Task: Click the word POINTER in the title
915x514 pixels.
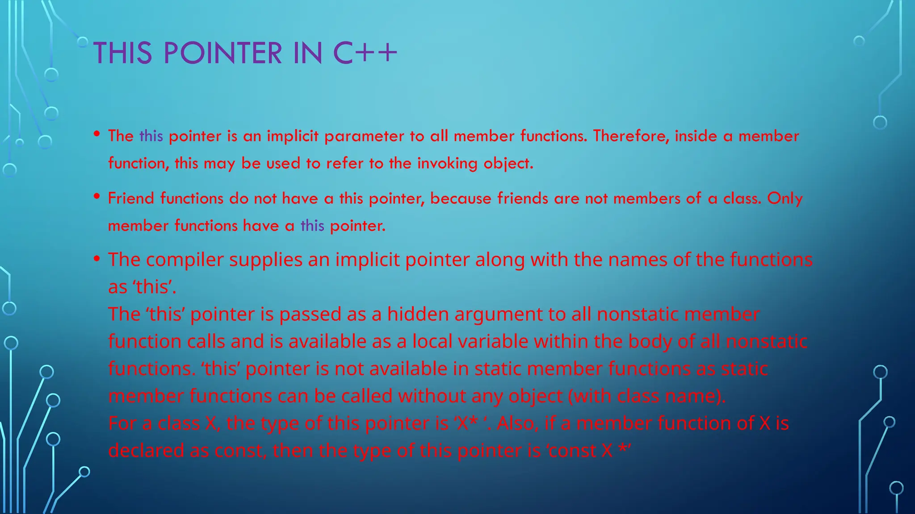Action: coord(223,53)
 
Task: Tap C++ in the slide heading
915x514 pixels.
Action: coord(365,53)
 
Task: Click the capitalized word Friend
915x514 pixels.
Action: coord(131,198)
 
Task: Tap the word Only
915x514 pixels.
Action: coord(785,198)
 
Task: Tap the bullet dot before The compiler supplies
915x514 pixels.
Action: coord(97,259)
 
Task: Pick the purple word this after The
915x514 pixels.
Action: coord(151,136)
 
